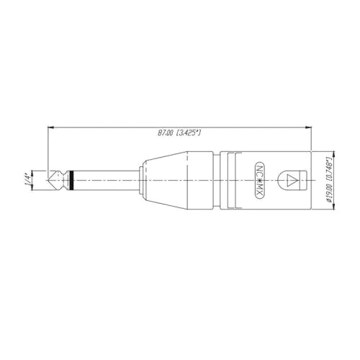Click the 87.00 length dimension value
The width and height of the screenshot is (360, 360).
pos(165,132)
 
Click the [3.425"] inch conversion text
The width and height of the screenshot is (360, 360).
pos(189,132)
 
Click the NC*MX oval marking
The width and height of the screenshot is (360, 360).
pos(260,180)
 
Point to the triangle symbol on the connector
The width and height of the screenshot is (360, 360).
pos(292,180)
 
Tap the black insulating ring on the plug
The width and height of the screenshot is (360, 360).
pos(71,180)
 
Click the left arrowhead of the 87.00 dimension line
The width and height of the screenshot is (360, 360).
pos(51,127)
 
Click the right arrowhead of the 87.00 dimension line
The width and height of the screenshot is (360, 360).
pos(308,127)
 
